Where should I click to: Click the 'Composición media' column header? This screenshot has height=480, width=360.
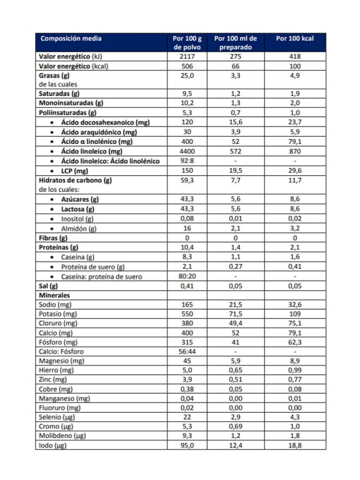71,38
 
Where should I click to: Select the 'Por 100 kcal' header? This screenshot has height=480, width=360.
295,38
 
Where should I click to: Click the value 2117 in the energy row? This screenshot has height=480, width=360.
188,56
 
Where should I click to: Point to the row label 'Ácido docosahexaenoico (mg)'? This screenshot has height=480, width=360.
105,122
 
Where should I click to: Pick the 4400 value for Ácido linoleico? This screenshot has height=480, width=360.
188,151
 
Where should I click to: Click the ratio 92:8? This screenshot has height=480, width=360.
188,161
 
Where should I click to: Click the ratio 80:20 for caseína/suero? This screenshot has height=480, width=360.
188,276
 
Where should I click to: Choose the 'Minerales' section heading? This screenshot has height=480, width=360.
54,295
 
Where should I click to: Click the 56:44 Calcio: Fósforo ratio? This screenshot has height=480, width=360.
188,352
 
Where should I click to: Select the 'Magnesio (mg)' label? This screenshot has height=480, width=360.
61,361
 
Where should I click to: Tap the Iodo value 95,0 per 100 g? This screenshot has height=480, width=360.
188,445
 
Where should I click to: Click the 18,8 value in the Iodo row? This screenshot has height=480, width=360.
295,445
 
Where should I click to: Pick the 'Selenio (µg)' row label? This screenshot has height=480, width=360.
58,416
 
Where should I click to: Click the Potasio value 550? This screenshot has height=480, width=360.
188,314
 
